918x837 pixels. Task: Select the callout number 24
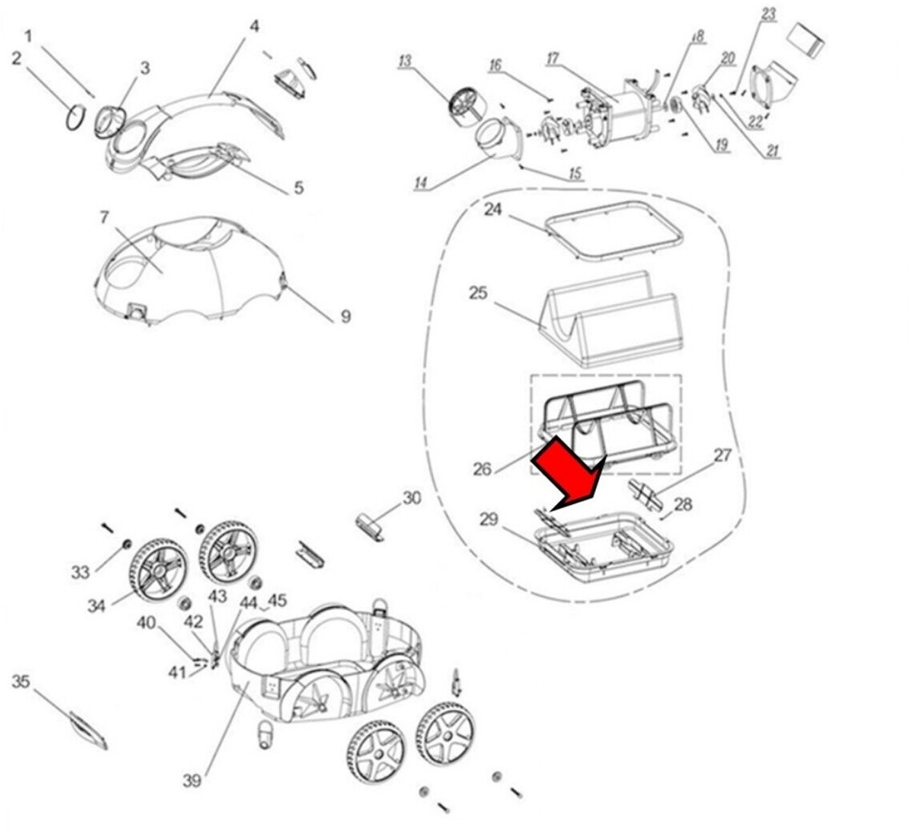pos(493,209)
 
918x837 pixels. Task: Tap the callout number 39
pos(192,780)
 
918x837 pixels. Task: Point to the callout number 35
pos(21,681)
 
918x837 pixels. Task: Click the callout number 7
pos(104,217)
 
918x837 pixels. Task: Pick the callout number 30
pos(411,498)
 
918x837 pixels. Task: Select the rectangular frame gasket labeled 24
pos(614,231)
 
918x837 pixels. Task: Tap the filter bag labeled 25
pos(609,319)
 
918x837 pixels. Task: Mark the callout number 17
pos(553,58)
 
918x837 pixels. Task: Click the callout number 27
pos(722,454)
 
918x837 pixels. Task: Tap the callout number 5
pos(299,188)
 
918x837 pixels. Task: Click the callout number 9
pos(345,316)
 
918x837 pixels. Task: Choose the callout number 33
pos(80,572)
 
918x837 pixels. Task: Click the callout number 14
pos(421,183)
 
